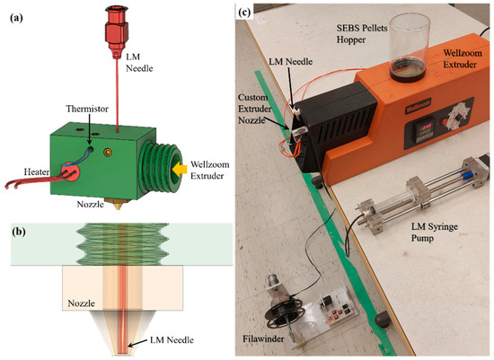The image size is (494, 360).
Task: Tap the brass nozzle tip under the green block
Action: (x=118, y=195)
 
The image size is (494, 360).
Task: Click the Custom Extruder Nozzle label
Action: (x=261, y=109)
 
